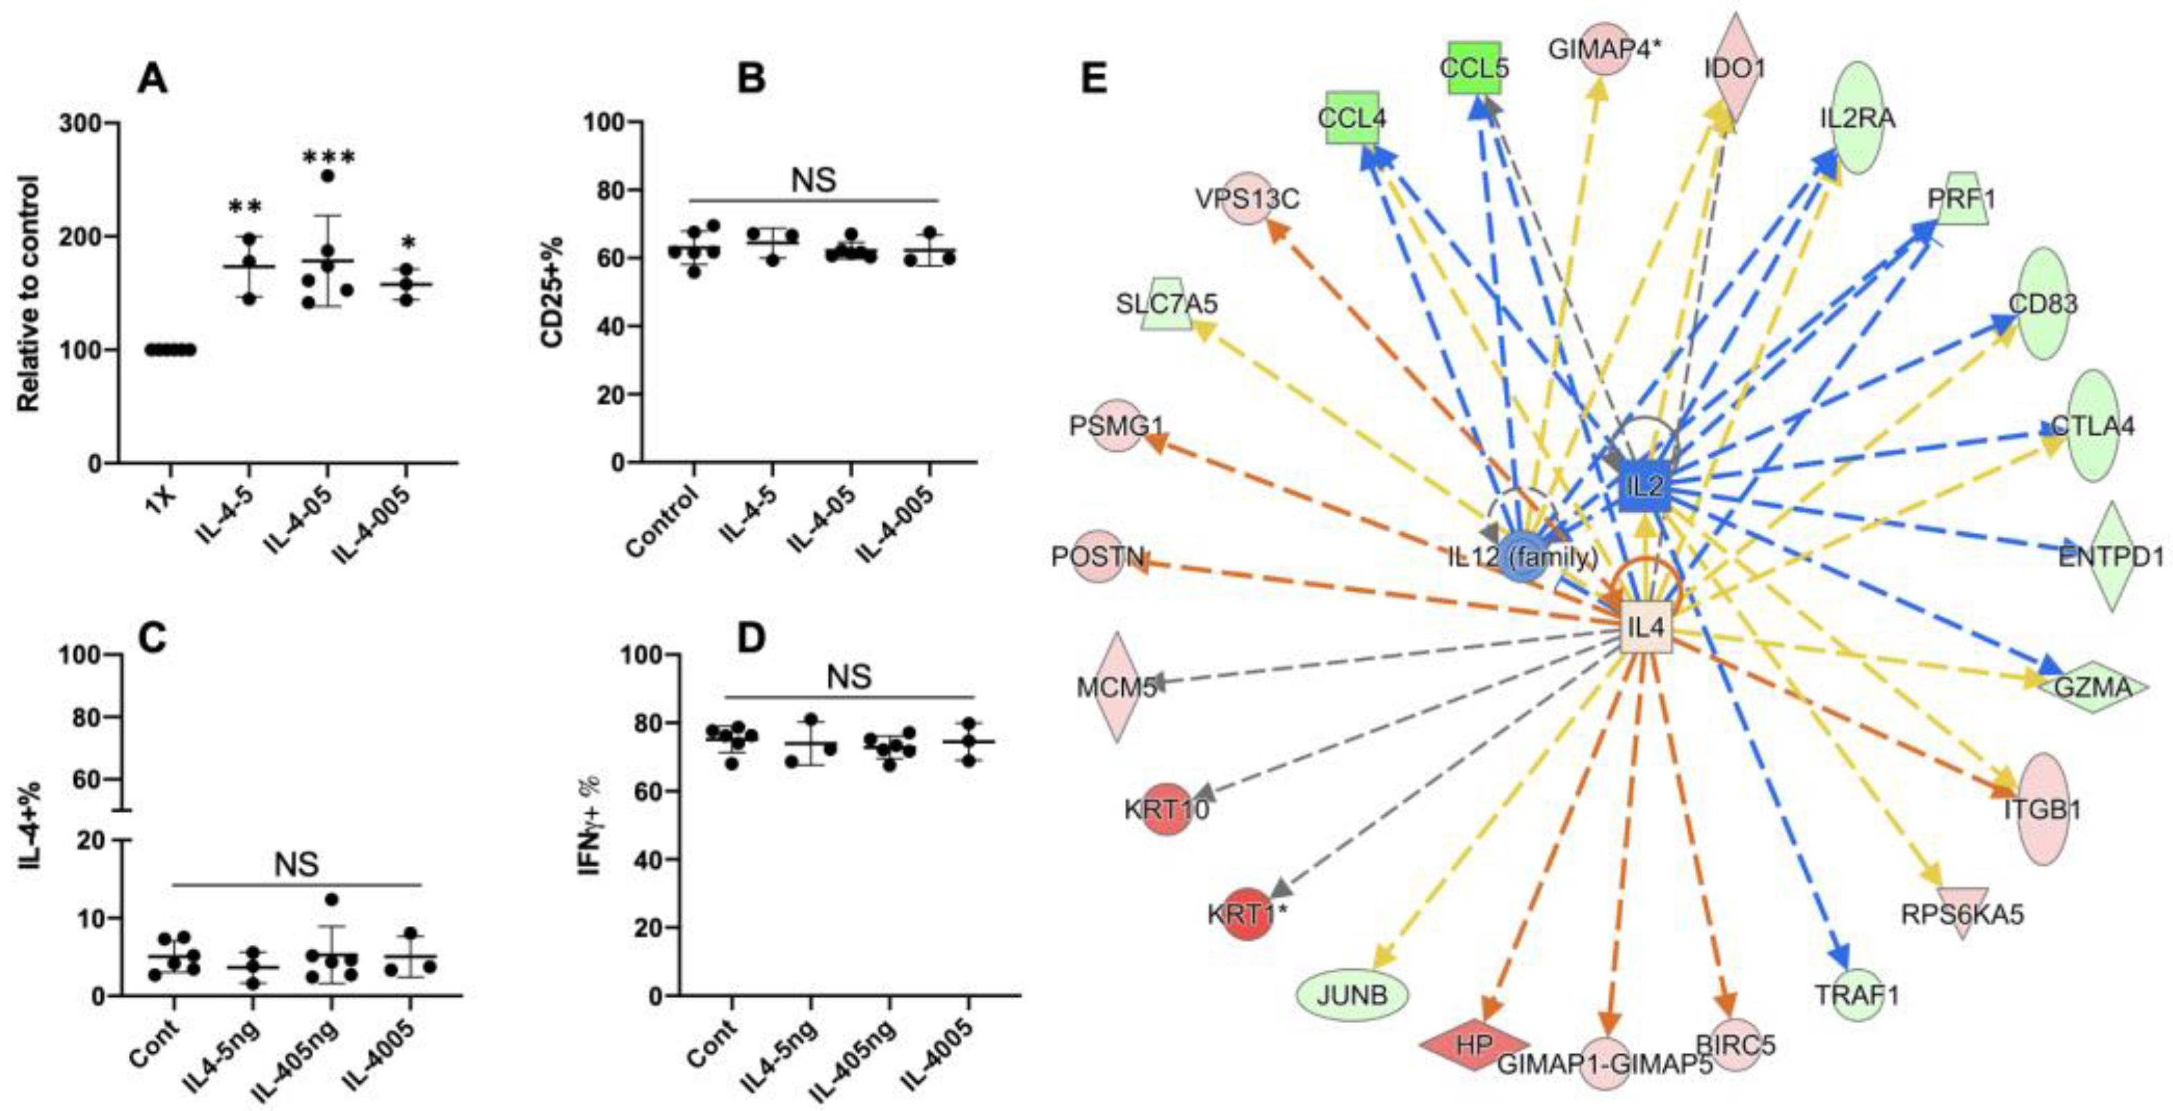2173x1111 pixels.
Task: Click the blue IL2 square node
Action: [x=1645, y=486]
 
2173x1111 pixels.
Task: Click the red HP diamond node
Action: [x=1475, y=1045]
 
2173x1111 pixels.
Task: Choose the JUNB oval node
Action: [x=1352, y=995]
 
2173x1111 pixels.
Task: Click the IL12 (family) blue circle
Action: [x=1523, y=558]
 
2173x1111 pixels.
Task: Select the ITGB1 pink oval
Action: [x=2043, y=810]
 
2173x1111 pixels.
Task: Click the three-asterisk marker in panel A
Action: [x=328, y=157]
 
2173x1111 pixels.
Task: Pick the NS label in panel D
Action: [x=849, y=677]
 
